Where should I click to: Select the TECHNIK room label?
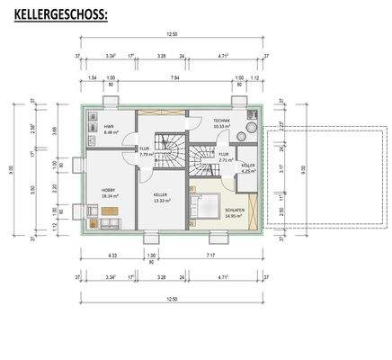pos(222,121)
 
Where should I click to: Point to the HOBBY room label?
pos(109,192)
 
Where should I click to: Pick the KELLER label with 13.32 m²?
pos(160,195)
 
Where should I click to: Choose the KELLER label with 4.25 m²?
pos(247,167)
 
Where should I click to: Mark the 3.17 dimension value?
pos(280,168)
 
